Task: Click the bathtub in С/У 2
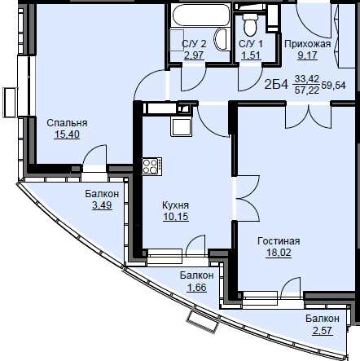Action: click(201, 15)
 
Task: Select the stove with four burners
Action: click(152, 165)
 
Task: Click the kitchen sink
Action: click(181, 126)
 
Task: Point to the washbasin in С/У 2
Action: click(221, 40)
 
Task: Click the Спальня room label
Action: click(67, 123)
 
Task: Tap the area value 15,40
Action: click(67, 134)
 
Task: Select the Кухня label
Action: click(175, 205)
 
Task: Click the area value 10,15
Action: click(176, 217)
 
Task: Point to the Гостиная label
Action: click(279, 241)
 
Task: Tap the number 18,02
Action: click(279, 253)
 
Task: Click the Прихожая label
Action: click(308, 44)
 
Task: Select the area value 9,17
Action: click(307, 55)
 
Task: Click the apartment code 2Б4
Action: click(276, 85)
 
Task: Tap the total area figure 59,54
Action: click(333, 86)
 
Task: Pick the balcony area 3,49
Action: click(102, 205)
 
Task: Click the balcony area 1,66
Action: click(196, 287)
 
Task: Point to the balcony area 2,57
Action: click(323, 330)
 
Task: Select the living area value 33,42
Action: click(307, 79)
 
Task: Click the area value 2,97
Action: click(194, 55)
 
